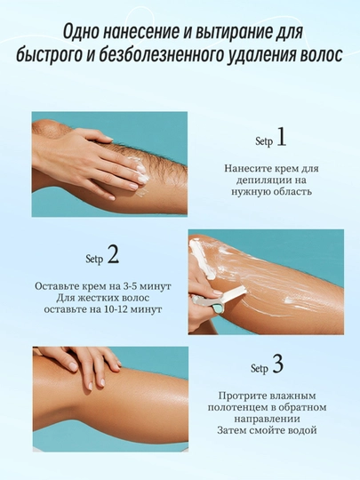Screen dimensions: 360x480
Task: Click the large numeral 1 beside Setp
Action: coord(282,137)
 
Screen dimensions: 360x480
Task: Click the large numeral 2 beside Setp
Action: coord(113,254)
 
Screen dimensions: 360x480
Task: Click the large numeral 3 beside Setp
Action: coord(277,364)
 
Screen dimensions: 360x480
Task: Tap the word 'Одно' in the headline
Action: coord(81,33)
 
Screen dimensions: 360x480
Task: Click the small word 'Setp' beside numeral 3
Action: coord(259,368)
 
